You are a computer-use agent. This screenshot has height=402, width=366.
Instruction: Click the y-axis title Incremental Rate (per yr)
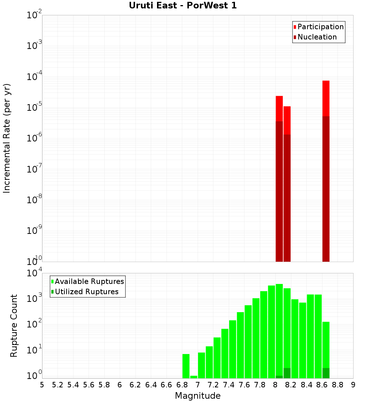pyautogui.click(x=7, y=138)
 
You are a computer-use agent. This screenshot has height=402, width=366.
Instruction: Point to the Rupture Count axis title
pyautogui.click(x=14, y=326)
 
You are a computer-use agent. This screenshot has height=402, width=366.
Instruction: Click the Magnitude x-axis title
pyautogui.click(x=198, y=396)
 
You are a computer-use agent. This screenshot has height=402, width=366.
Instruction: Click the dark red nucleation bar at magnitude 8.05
pyautogui.click(x=279, y=190)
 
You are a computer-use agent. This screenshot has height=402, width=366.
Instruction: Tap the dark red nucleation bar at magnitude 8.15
pyautogui.click(x=287, y=197)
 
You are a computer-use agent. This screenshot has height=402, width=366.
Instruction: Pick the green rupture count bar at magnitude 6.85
pyautogui.click(x=186, y=365)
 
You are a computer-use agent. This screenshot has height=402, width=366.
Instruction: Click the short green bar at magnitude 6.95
pyautogui.click(x=194, y=377)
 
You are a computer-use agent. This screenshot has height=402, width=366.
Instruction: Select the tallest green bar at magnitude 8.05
pyautogui.click(x=279, y=329)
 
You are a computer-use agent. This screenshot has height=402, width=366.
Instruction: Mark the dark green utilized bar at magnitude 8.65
pyautogui.click(x=326, y=373)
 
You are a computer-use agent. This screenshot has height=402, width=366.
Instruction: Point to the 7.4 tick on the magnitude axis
pyautogui.click(x=229, y=385)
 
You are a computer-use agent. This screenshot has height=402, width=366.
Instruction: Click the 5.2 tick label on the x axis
pyautogui.click(x=57, y=385)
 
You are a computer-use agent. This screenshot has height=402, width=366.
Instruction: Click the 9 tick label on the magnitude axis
pyautogui.click(x=353, y=385)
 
